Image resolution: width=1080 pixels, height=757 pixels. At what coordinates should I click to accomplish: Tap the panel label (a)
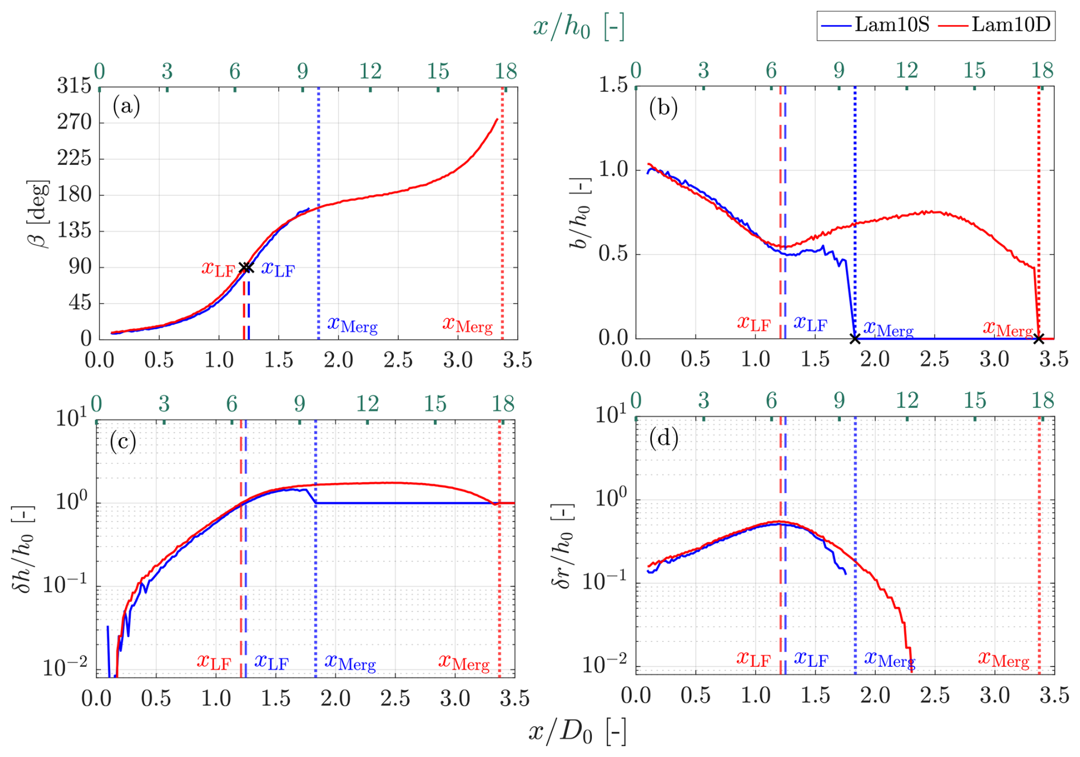click(x=126, y=106)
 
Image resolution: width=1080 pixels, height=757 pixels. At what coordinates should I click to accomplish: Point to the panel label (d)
click(x=664, y=438)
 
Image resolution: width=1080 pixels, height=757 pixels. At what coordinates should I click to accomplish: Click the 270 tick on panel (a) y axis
click(x=74, y=122)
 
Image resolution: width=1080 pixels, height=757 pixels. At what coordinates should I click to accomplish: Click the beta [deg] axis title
click(x=38, y=213)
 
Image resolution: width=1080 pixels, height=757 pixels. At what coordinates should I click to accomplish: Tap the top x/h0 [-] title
click(x=578, y=26)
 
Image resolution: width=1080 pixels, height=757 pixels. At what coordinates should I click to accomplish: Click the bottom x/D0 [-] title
click(x=577, y=732)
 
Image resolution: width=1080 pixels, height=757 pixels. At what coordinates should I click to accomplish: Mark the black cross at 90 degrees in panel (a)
click(x=246, y=268)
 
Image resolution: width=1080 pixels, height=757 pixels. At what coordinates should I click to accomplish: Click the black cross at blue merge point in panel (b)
click(x=855, y=339)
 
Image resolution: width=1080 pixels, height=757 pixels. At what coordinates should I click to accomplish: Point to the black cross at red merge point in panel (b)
click(x=1039, y=339)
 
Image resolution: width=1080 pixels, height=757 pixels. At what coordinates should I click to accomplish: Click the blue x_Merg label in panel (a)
click(x=352, y=325)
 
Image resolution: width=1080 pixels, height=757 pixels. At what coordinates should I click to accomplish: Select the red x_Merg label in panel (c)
click(x=464, y=662)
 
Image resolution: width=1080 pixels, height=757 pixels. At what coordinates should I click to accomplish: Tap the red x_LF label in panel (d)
click(x=753, y=659)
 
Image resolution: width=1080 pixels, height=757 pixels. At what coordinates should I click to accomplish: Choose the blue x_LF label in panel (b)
click(x=810, y=323)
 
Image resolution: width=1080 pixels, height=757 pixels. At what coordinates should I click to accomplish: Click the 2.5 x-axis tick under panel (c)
click(x=395, y=699)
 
